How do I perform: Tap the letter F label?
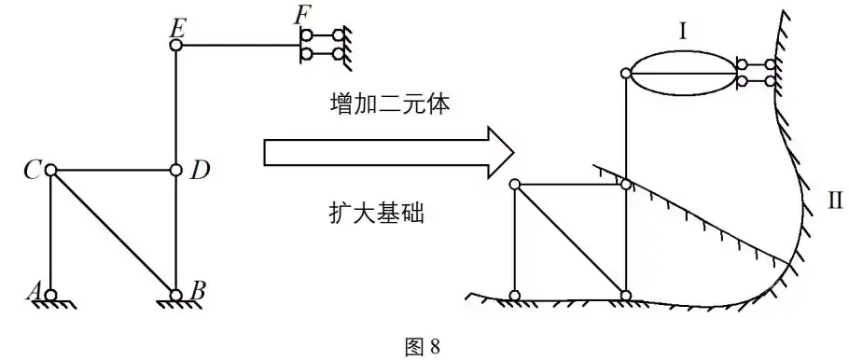300,16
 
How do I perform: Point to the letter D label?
199,171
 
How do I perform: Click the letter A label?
35,293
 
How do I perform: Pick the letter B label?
197,293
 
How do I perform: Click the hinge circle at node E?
175,45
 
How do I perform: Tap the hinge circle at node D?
175,171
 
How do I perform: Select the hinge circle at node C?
50,170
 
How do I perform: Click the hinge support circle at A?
50,296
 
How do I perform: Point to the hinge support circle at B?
175,296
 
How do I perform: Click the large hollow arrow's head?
499,153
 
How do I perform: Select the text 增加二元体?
389,105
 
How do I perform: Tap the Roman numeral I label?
683,33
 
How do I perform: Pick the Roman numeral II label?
834,201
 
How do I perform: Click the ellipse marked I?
685,51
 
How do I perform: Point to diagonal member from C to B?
113,233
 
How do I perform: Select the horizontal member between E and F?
240,45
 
